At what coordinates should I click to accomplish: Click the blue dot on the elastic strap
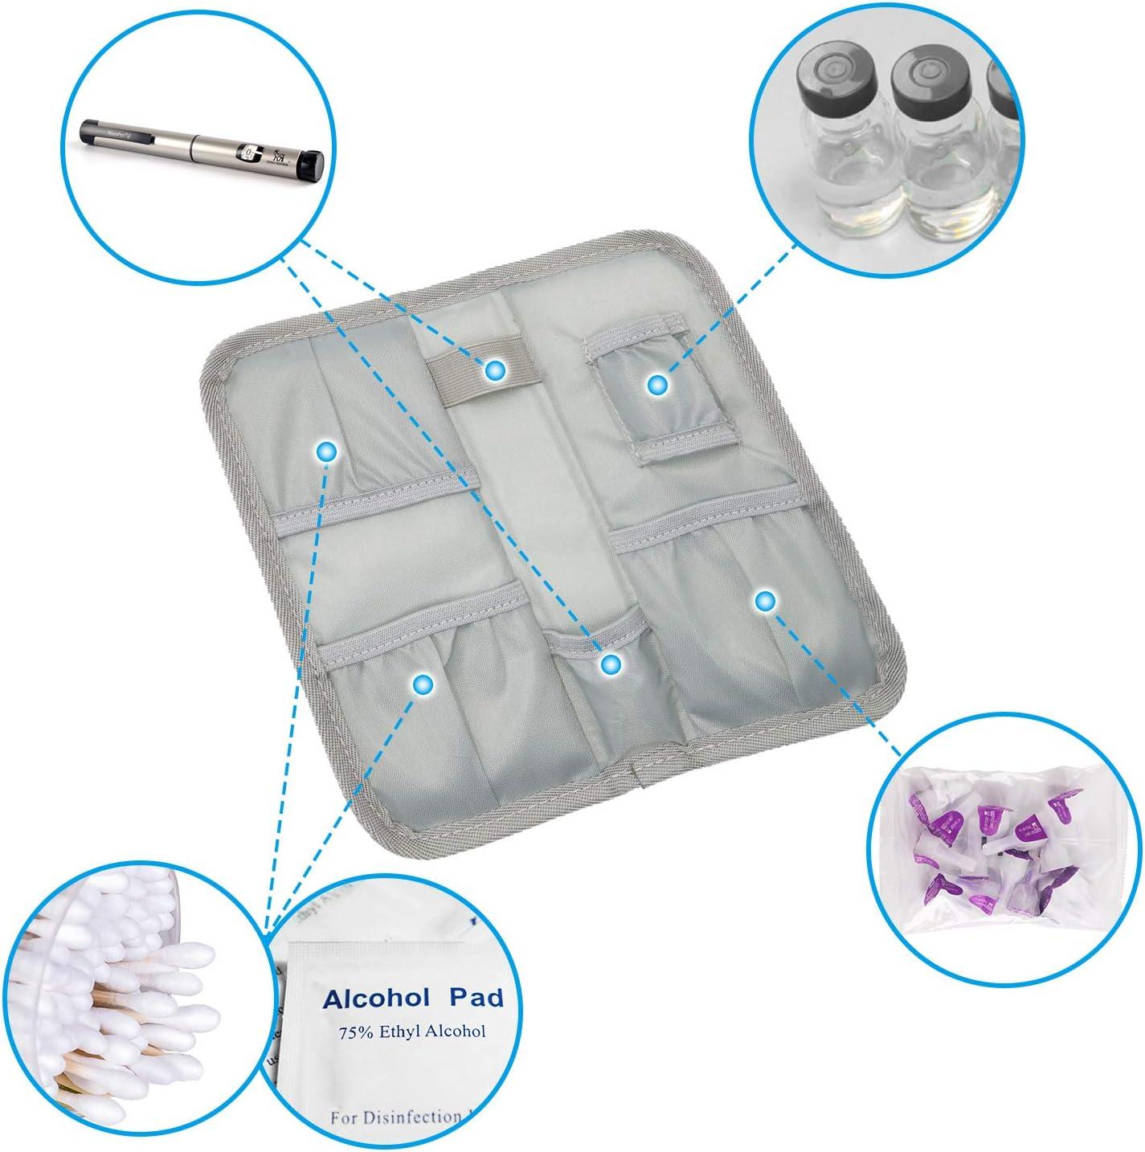pyautogui.click(x=494, y=370)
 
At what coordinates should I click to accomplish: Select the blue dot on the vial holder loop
pyautogui.click(x=658, y=386)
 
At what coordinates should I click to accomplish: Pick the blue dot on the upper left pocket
pyautogui.click(x=325, y=452)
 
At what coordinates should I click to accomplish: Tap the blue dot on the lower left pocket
pyautogui.click(x=423, y=684)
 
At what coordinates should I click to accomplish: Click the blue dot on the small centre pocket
pyautogui.click(x=611, y=664)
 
